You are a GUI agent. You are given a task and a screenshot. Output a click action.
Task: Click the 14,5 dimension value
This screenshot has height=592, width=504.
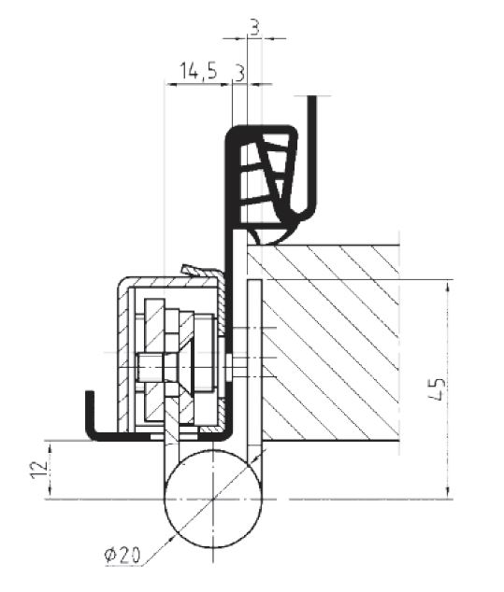coord(197,71)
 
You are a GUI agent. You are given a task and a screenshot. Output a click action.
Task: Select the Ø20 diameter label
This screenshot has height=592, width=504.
coord(122,555)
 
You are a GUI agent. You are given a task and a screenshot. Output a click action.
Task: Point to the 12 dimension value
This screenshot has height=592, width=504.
coord(40,470)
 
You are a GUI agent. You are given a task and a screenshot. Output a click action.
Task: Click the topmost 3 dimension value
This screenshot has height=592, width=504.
coord(255,28)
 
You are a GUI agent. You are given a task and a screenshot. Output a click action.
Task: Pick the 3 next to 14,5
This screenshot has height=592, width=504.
coord(239,73)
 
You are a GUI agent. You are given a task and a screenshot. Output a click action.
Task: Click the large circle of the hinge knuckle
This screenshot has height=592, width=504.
coord(213,499)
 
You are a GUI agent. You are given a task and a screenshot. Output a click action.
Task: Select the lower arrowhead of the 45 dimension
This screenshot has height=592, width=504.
coord(449,492)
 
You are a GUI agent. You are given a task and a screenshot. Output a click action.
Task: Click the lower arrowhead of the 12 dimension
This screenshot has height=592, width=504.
coord(50,492)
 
